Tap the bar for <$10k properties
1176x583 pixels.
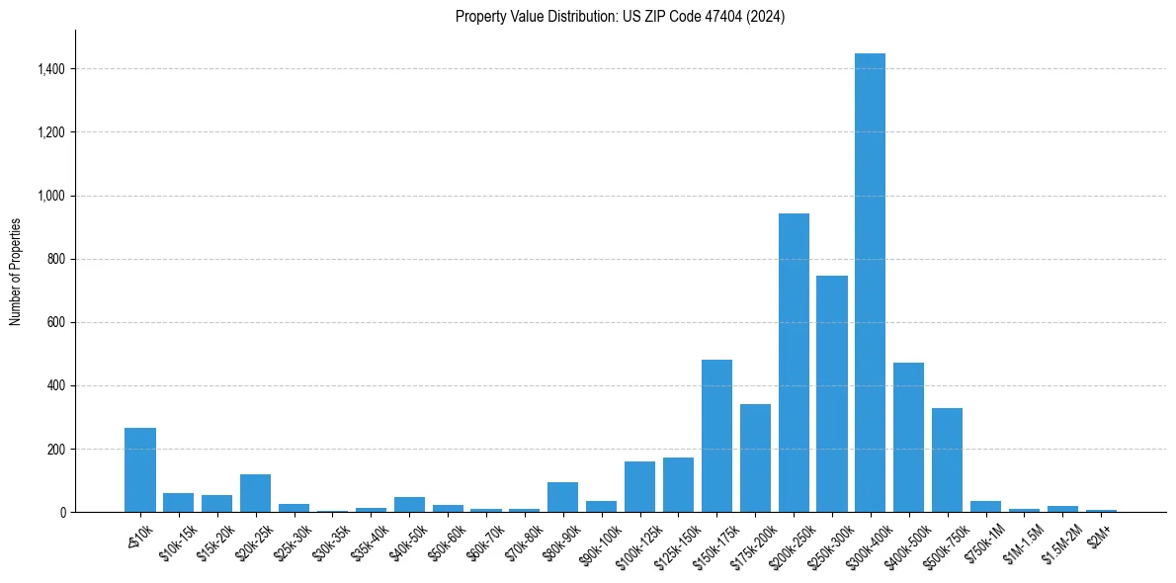pyautogui.click(x=140, y=470)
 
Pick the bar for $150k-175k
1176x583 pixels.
pyautogui.click(x=716, y=436)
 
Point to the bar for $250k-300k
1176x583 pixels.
pyautogui.click(x=831, y=394)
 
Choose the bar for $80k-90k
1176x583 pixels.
pyautogui.click(x=562, y=497)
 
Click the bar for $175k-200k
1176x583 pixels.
pyautogui.click(x=755, y=458)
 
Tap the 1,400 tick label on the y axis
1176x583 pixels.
pyautogui.click(x=51, y=69)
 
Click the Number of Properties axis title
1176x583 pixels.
pyautogui.click(x=15, y=271)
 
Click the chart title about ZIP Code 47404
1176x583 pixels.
pyautogui.click(x=620, y=17)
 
